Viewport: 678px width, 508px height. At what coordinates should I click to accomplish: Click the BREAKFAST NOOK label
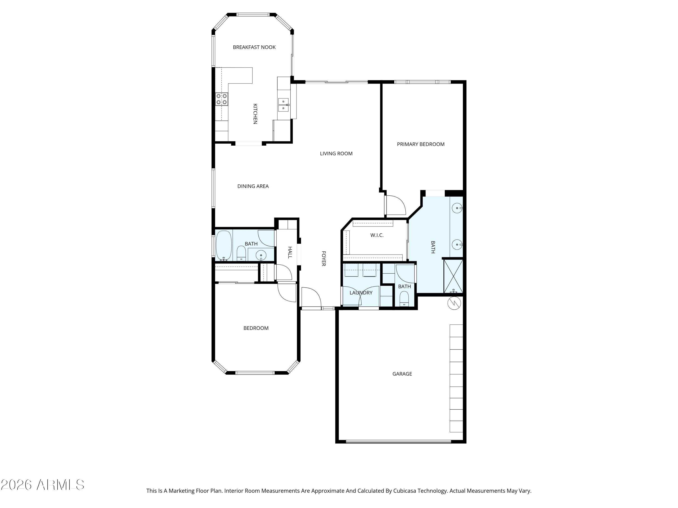tap(254, 47)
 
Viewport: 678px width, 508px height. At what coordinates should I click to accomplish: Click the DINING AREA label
tap(253, 186)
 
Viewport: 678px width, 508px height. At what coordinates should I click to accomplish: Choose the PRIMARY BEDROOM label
tap(421, 144)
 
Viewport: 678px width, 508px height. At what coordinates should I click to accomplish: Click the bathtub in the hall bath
tap(224, 245)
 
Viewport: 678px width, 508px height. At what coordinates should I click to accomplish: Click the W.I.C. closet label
tap(377, 235)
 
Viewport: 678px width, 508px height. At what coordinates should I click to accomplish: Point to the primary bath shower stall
tap(453, 276)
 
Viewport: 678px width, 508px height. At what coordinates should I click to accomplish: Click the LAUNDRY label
tap(361, 293)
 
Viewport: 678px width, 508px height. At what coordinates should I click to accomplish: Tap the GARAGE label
tap(402, 374)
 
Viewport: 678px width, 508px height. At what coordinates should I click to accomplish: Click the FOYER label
tap(323, 259)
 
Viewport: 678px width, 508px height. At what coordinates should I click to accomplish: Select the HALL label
tap(290, 253)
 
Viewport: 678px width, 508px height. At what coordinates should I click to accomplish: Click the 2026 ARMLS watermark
tap(43, 485)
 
